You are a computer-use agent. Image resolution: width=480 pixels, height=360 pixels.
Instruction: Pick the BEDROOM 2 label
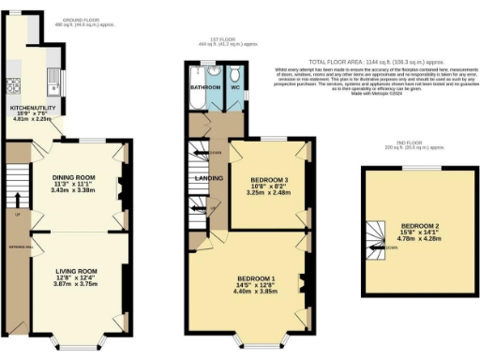pyautogui.click(x=419, y=226)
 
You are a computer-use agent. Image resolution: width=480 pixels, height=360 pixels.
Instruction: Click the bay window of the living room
pyautogui.click(x=75, y=337)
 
